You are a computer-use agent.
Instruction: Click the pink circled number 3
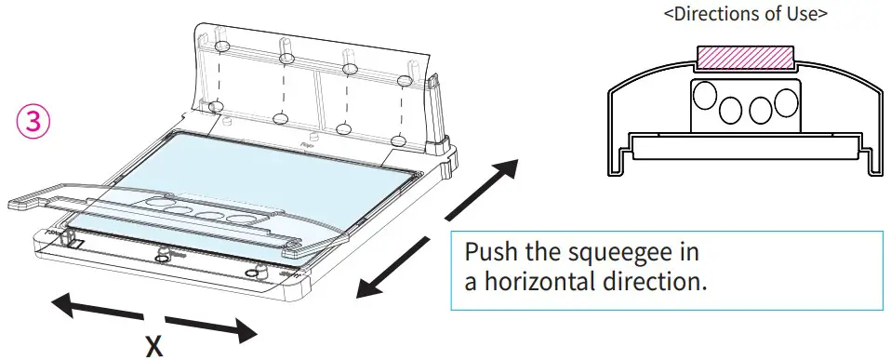tap(30, 122)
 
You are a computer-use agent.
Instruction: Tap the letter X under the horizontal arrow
tap(154, 345)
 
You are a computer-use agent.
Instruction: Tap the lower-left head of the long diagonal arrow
tap(366, 291)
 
